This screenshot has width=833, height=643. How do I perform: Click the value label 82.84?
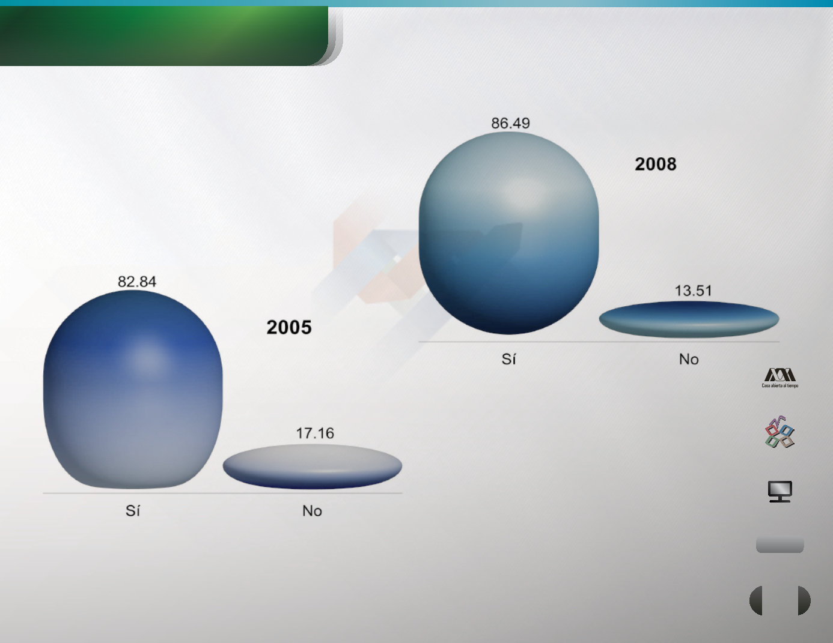click(137, 282)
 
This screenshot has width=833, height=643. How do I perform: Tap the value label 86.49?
click(511, 123)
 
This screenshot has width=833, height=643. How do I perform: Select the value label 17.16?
click(315, 433)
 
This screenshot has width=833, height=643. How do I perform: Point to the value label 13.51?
click(693, 291)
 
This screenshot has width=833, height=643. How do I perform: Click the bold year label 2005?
click(289, 327)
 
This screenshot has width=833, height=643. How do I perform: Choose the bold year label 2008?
click(656, 165)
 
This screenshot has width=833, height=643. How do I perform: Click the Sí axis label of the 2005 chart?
click(133, 510)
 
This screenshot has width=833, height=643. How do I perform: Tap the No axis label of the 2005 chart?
click(312, 511)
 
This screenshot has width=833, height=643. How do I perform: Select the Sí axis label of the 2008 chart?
click(508, 359)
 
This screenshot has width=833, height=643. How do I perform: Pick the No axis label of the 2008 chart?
click(689, 359)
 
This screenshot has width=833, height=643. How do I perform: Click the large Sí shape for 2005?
click(133, 389)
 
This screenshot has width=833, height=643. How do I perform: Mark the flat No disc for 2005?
click(313, 466)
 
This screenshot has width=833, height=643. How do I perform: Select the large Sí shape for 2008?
click(508, 233)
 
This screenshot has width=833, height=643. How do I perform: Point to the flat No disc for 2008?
click(689, 319)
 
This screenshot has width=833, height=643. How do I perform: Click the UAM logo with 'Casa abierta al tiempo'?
click(780, 378)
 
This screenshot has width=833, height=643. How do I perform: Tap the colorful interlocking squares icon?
click(780, 432)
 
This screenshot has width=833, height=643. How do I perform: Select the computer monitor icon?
click(780, 491)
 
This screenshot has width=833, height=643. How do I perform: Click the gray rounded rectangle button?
click(780, 545)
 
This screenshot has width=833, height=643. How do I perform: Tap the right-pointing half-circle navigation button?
click(804, 600)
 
